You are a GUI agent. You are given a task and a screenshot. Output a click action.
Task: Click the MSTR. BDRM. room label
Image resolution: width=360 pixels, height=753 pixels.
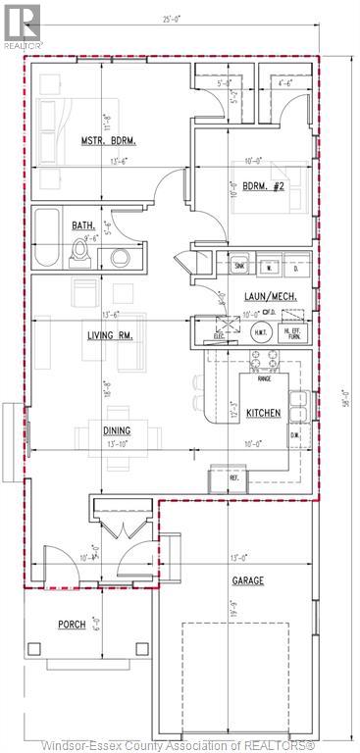click(x=108, y=141)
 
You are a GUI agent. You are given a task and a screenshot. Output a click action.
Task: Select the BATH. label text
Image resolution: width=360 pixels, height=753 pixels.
click(x=82, y=226)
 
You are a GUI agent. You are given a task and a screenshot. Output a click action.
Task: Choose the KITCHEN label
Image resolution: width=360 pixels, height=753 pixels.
click(x=264, y=413)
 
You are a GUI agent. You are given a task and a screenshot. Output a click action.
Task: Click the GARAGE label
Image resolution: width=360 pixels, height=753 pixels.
click(x=247, y=581)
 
